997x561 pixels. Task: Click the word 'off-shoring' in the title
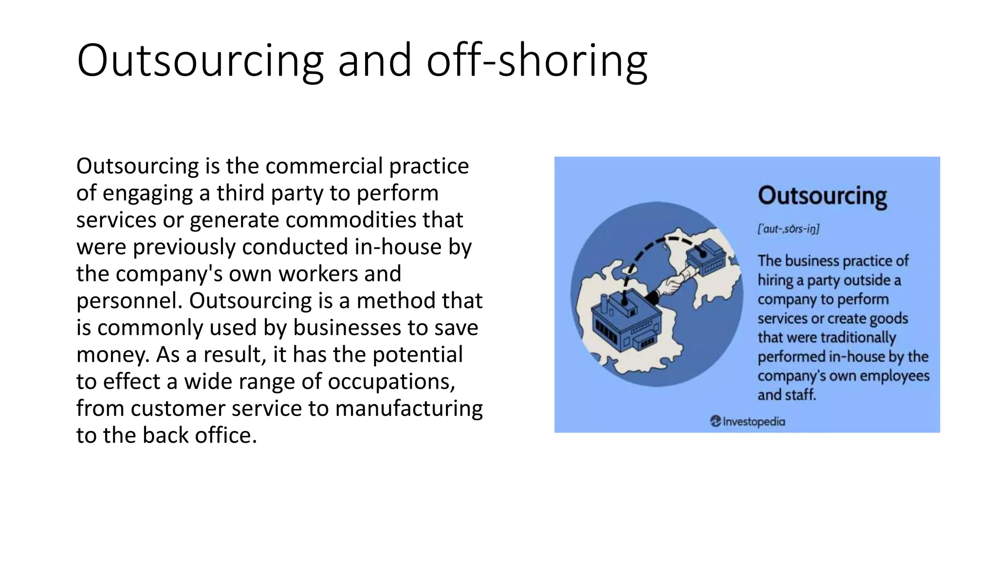click(536, 60)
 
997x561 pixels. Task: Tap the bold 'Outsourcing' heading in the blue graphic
click(822, 196)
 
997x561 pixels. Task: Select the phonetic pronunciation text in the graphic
click(788, 228)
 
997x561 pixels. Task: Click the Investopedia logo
click(748, 421)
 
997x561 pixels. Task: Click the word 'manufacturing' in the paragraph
click(409, 408)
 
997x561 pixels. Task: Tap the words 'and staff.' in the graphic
click(787, 395)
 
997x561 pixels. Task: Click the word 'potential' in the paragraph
click(417, 355)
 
